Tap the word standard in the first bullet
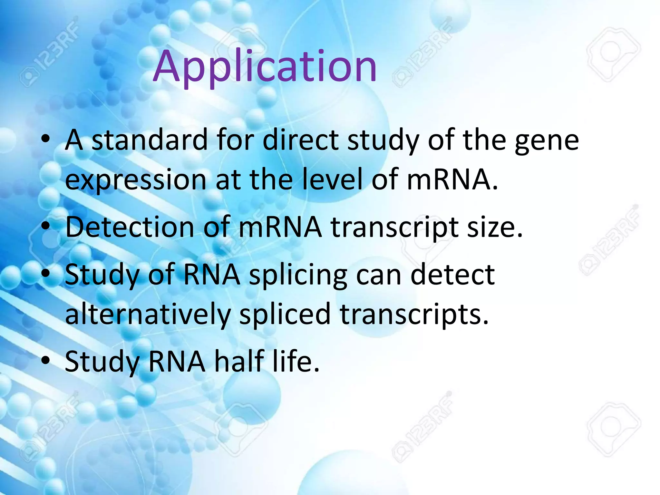click(150, 140)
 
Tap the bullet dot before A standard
click(46, 140)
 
